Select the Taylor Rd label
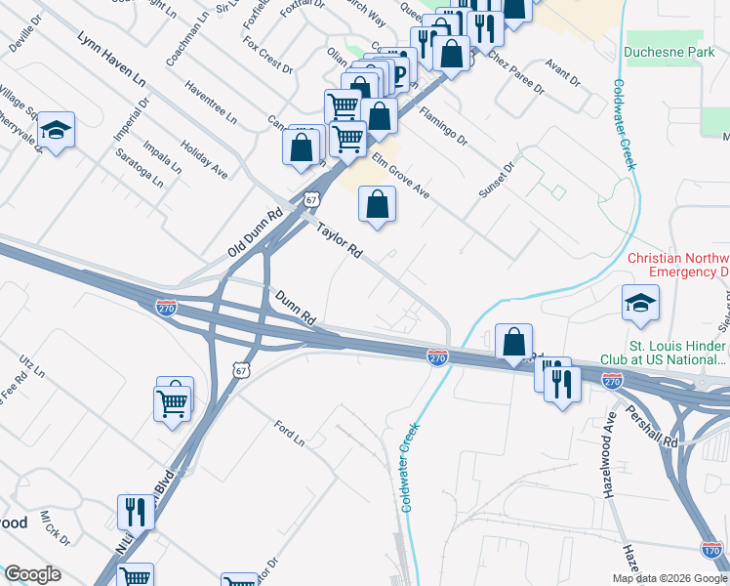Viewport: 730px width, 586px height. (x=339, y=240)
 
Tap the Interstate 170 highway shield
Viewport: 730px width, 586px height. (x=712, y=549)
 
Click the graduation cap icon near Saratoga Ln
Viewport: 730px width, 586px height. (x=57, y=131)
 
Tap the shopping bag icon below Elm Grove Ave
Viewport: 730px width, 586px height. (x=377, y=204)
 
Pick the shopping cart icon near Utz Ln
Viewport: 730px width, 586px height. (x=172, y=401)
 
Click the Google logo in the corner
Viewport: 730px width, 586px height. (x=32, y=574)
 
